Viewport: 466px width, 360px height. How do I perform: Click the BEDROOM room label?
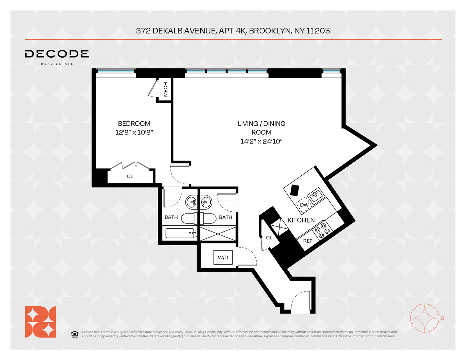pyautogui.click(x=134, y=123)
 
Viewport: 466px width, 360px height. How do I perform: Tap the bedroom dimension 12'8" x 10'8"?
pyautogui.click(x=134, y=132)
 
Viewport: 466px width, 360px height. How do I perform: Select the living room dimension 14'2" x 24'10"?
pyautogui.click(x=261, y=141)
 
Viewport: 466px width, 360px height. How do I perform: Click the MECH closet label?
pyautogui.click(x=166, y=90)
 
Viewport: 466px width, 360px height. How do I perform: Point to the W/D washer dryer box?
pyautogui.click(x=223, y=257)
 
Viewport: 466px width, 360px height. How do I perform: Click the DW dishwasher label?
pyautogui.click(x=304, y=205)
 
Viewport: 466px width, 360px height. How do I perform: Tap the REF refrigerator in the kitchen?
pyautogui.click(x=308, y=241)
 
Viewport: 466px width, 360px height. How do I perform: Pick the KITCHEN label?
pyautogui.click(x=301, y=220)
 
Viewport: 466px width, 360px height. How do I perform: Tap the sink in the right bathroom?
pyautogui.click(x=206, y=202)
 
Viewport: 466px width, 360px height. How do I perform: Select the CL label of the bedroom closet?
pyautogui.click(x=130, y=176)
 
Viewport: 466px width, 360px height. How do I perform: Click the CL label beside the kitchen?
pyautogui.click(x=269, y=238)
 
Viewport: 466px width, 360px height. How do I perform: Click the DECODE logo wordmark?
pyautogui.click(x=57, y=54)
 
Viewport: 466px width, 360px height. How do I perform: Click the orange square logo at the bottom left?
pyautogui.click(x=40, y=322)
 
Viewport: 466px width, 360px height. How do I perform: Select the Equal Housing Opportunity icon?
pyautogui.click(x=75, y=334)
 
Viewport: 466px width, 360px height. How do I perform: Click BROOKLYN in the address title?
pyautogui.click(x=269, y=31)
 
